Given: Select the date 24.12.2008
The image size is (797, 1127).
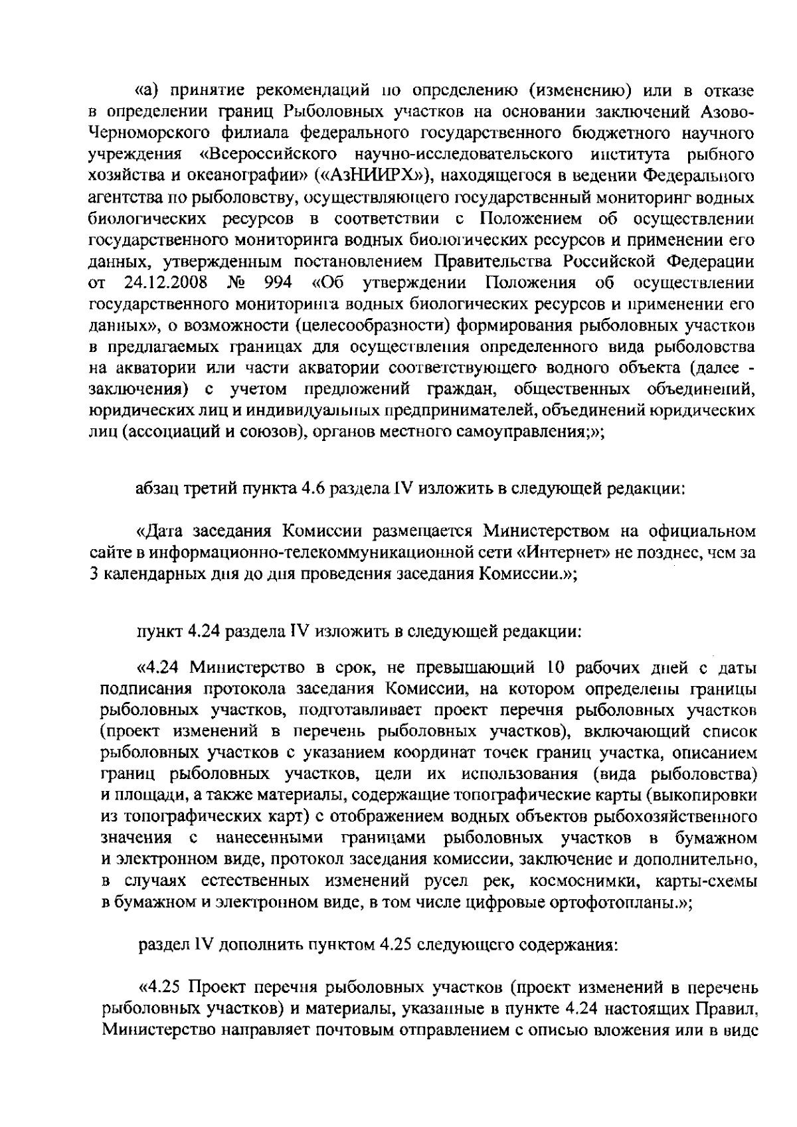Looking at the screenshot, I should click(x=166, y=283).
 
